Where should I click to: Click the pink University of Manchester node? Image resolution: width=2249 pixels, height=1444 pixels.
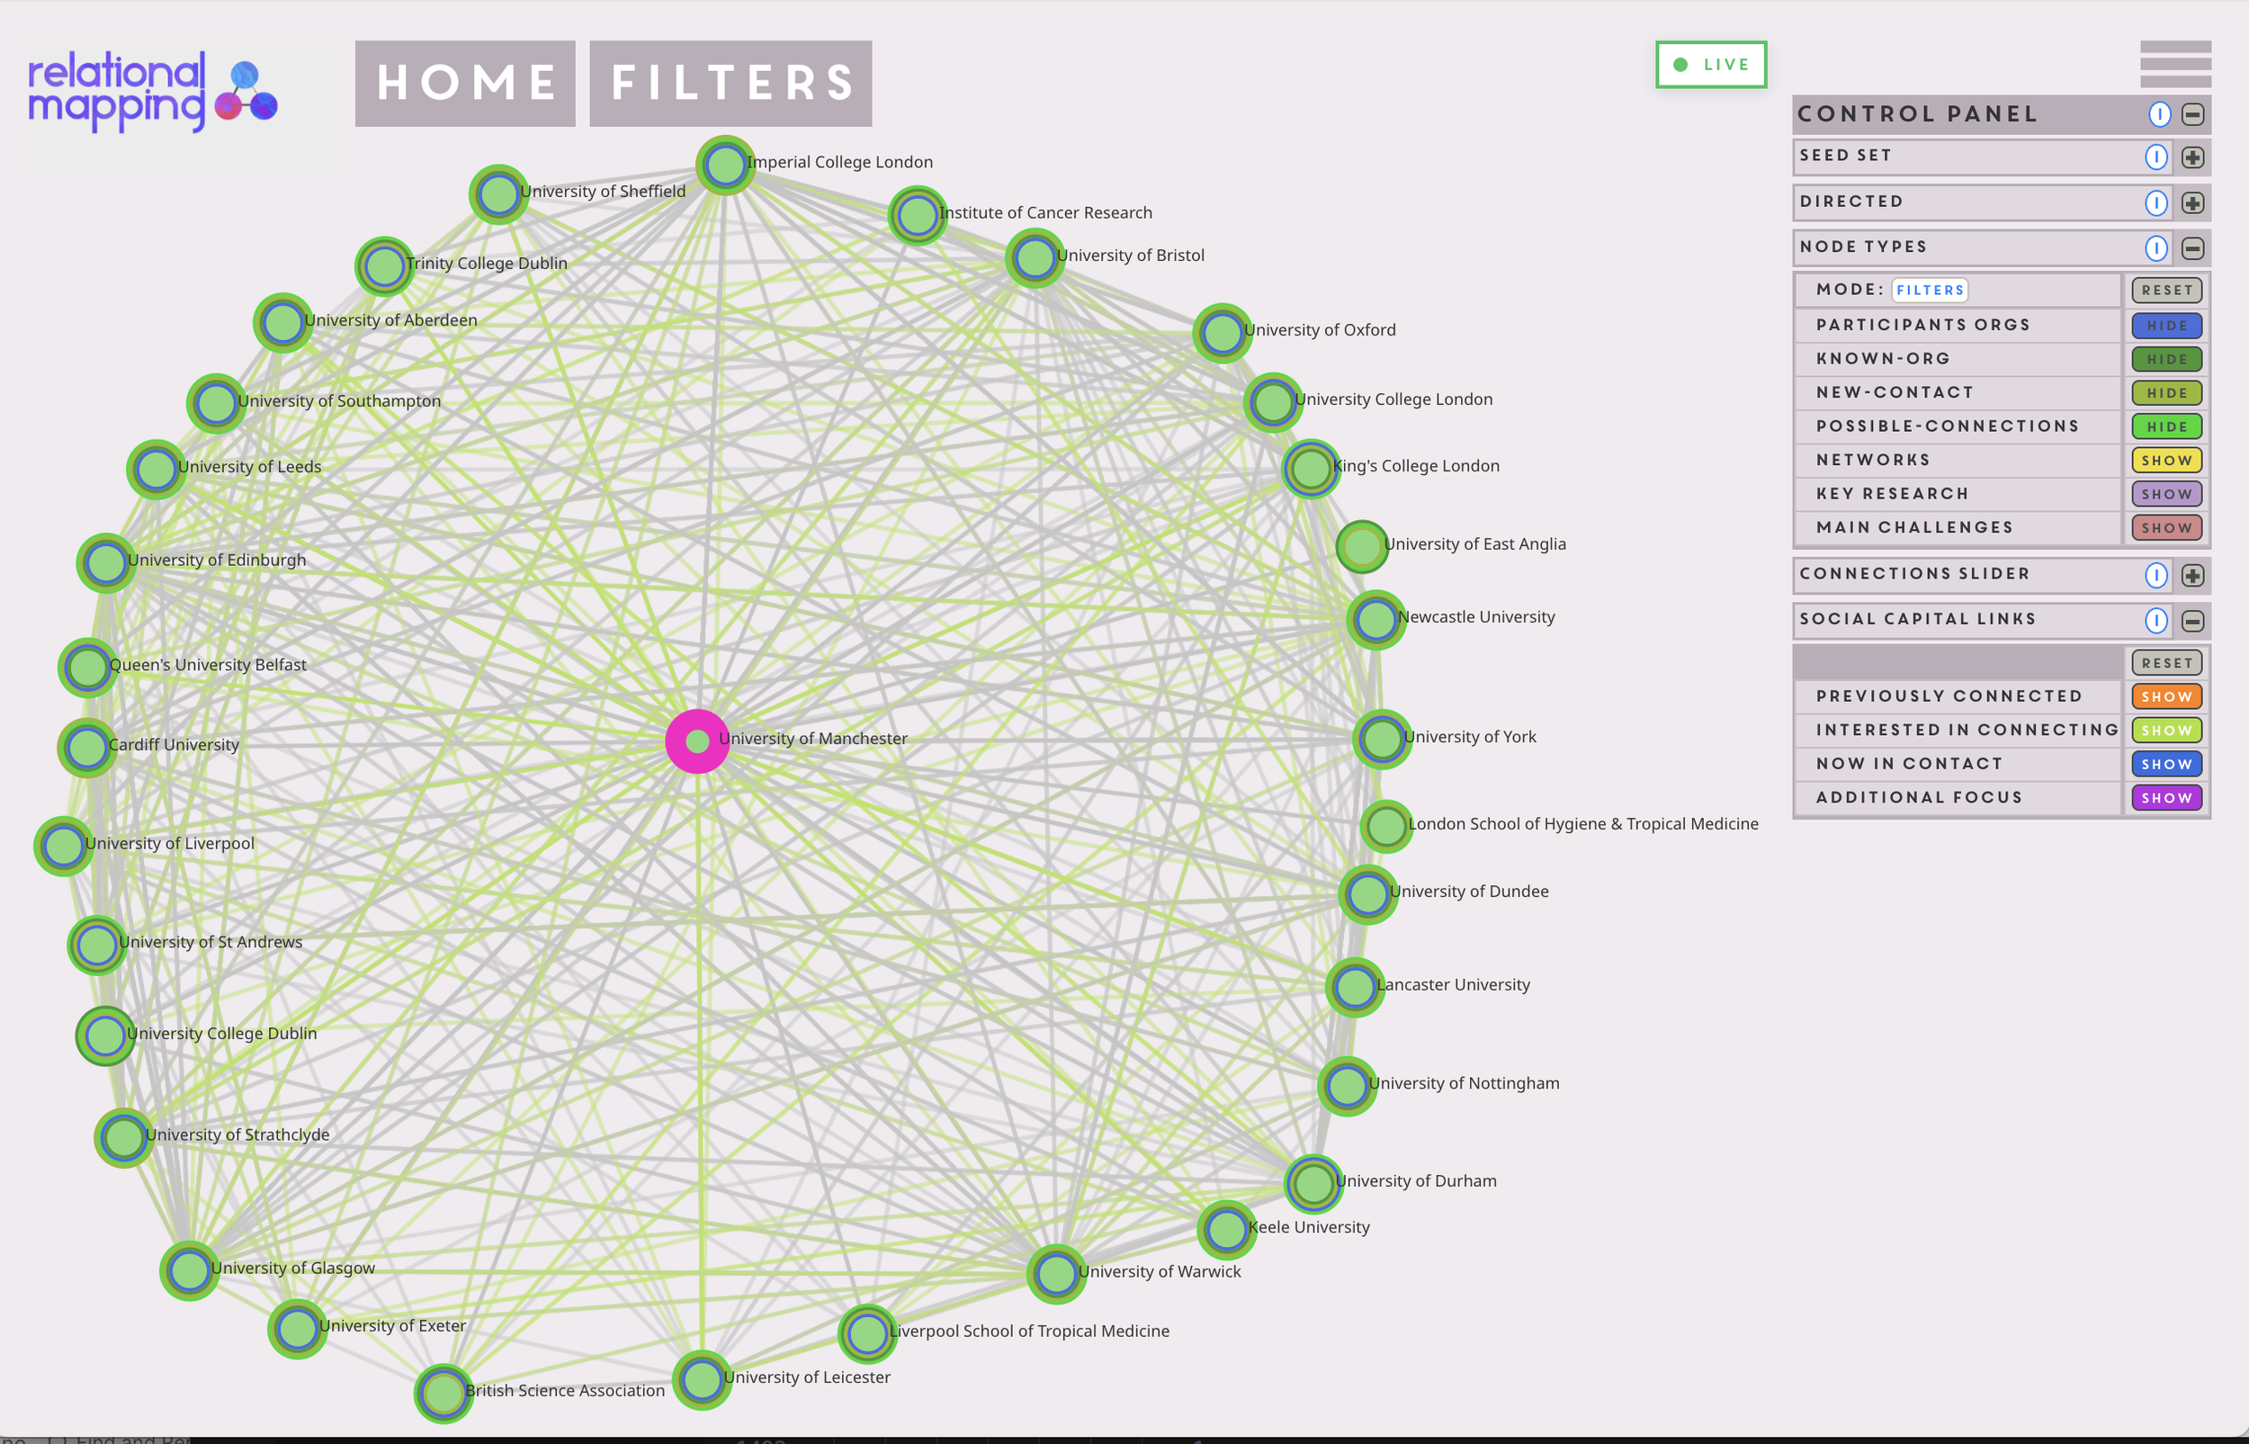pyautogui.click(x=696, y=740)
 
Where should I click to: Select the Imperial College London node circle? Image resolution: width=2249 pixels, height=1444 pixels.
pyautogui.click(x=725, y=166)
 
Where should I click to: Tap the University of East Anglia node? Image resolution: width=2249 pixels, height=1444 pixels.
pyautogui.click(x=1361, y=546)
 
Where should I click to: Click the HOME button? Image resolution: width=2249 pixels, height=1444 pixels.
pyautogui.click(x=465, y=84)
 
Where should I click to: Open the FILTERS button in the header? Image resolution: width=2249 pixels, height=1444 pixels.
pyautogui.click(x=730, y=84)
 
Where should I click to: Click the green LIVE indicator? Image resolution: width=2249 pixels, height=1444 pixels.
pyautogui.click(x=1711, y=65)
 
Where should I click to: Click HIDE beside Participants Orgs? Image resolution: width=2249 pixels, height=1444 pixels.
pyautogui.click(x=2165, y=326)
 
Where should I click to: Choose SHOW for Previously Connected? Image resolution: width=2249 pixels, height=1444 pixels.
pyautogui.click(x=2165, y=696)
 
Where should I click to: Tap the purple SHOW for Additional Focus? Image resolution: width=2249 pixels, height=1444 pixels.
pyautogui.click(x=2165, y=798)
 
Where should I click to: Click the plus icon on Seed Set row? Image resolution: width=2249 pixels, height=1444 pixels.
pyautogui.click(x=2191, y=157)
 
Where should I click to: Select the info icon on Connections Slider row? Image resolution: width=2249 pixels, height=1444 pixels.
pyautogui.click(x=2155, y=575)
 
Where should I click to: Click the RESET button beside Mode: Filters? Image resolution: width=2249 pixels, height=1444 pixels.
pyautogui.click(x=2165, y=291)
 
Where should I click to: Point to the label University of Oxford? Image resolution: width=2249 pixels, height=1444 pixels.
pyautogui.click(x=1319, y=330)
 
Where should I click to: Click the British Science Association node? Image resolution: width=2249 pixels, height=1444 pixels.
pyautogui.click(x=443, y=1394)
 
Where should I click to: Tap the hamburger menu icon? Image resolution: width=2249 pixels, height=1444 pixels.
pyautogui.click(x=2175, y=64)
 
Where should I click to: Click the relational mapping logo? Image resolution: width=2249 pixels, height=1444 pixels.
pyautogui.click(x=153, y=92)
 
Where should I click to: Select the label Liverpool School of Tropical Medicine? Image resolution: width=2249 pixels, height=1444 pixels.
pyautogui.click(x=1028, y=1331)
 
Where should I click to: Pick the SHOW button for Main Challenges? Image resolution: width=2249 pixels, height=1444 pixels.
pyautogui.click(x=2165, y=528)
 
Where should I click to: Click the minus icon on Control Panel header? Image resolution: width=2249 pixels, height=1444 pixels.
pyautogui.click(x=2191, y=114)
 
